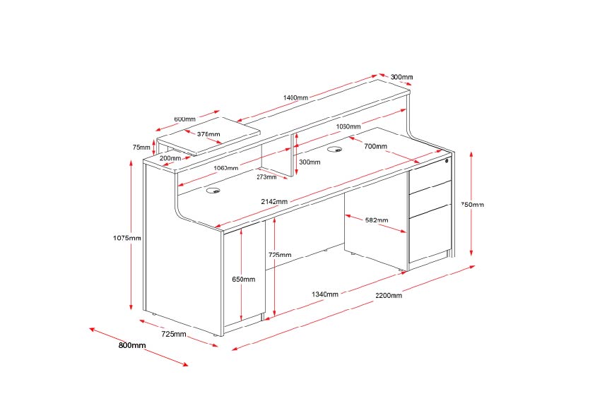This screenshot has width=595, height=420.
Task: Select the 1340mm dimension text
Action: pyautogui.click(x=324, y=294)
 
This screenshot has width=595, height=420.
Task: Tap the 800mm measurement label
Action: pyautogui.click(x=132, y=345)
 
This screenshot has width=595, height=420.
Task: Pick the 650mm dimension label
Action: pyautogui.click(x=244, y=280)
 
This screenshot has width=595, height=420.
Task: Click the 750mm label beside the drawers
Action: pyautogui.click(x=473, y=205)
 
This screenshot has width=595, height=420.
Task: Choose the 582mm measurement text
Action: pyautogui.click(x=377, y=220)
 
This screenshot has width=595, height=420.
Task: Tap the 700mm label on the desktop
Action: pyautogui.click(x=375, y=146)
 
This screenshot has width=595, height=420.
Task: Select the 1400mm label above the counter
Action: pyautogui.click(x=295, y=97)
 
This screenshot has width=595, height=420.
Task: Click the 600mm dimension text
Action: pyautogui.click(x=184, y=119)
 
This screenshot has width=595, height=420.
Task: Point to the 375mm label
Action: pyautogui.click(x=208, y=134)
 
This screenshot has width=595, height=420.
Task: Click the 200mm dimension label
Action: pyautogui.click(x=170, y=158)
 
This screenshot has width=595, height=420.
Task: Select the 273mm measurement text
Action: pyautogui.click(x=266, y=177)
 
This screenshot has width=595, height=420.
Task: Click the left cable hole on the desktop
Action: pyautogui.click(x=212, y=190)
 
